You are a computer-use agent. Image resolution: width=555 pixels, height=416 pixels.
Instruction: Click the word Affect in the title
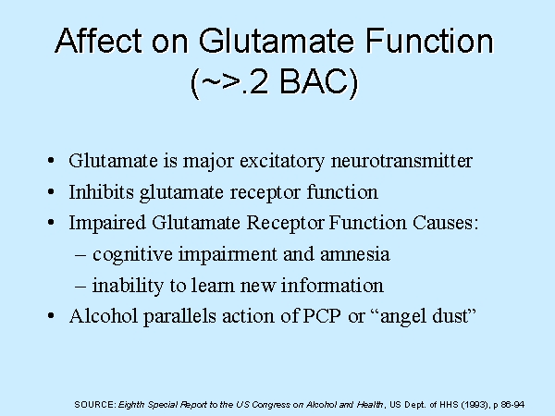[x=98, y=41]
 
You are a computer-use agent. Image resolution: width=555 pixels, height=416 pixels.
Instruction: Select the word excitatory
[x=282, y=161]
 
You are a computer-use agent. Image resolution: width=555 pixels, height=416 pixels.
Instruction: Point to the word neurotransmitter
[x=401, y=160]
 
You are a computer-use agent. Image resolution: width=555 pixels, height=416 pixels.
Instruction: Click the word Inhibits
[x=101, y=192]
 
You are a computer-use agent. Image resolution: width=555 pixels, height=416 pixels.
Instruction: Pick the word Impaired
[x=107, y=223]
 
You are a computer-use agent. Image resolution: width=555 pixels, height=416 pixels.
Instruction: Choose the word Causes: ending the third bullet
[x=445, y=223]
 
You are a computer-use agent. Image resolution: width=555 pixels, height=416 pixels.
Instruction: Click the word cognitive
[x=132, y=254]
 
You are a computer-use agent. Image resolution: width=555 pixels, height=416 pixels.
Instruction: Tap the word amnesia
[x=355, y=255]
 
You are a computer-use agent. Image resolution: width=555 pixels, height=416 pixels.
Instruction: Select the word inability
[x=128, y=286]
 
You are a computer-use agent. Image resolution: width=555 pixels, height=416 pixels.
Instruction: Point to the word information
[x=332, y=285]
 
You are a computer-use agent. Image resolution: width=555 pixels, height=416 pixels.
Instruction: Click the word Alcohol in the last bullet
[x=104, y=316]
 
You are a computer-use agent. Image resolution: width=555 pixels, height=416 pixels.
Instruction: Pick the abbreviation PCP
[x=322, y=316]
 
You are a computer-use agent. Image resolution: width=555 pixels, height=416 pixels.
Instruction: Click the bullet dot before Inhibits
[x=51, y=192]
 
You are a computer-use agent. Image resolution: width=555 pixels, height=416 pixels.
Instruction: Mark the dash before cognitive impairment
[x=80, y=255]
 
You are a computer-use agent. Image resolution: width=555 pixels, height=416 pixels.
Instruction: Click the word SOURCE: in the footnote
[x=95, y=404]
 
